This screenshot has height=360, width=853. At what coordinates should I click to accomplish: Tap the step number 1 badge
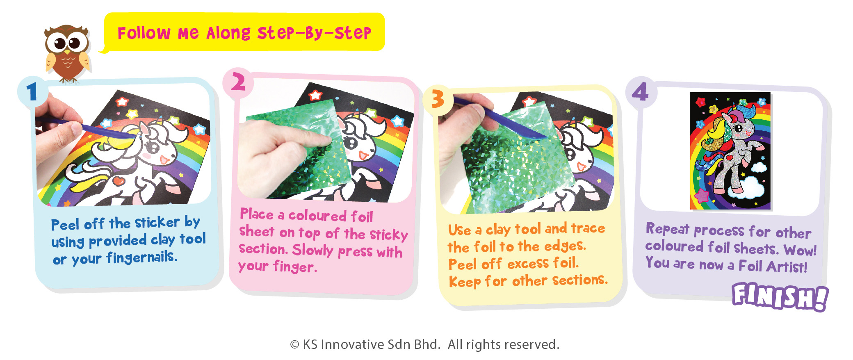click(32, 91)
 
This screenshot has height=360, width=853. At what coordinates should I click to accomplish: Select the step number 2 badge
click(238, 82)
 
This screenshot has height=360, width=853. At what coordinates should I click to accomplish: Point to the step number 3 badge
click(438, 100)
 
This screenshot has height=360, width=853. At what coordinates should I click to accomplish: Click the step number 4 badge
click(641, 92)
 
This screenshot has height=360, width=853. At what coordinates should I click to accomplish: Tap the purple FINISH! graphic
click(780, 296)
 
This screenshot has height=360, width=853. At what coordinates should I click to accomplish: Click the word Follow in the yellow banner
click(144, 33)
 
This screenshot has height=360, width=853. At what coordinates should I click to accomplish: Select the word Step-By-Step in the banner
click(314, 33)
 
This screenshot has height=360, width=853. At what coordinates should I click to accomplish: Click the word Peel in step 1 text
click(65, 225)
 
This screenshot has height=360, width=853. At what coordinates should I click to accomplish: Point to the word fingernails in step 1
click(142, 257)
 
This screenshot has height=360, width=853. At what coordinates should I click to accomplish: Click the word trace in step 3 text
click(588, 228)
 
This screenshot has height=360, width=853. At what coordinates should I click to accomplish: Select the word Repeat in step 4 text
click(667, 229)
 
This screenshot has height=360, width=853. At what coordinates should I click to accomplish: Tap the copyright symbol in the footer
click(294, 345)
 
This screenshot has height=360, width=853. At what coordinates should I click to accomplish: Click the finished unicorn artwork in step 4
click(730, 151)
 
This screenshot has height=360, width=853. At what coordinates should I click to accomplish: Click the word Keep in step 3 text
click(465, 282)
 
